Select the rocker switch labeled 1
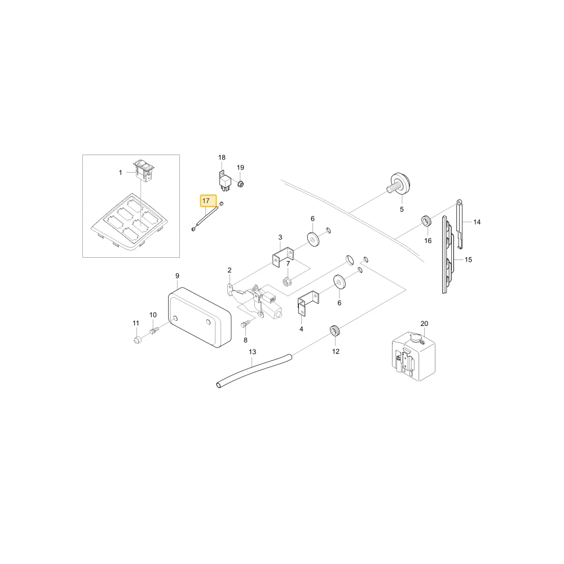tap(144, 170)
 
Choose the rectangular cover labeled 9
tap(199, 317)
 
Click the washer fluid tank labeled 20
tap(413, 356)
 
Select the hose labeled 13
tap(254, 371)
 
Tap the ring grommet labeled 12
tap(335, 330)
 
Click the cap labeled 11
tap(136, 340)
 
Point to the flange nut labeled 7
tap(287, 281)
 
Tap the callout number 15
tap(468, 259)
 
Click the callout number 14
tap(477, 222)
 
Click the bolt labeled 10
tap(154, 330)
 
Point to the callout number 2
tap(230, 270)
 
